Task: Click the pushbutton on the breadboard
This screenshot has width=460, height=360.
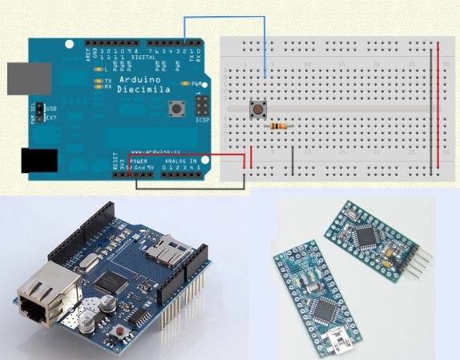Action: (x=258, y=110)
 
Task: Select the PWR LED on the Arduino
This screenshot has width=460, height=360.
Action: (x=186, y=83)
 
